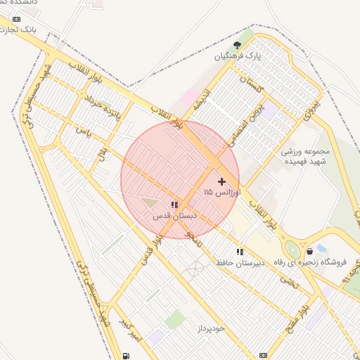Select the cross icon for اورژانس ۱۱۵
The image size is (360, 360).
(222, 181)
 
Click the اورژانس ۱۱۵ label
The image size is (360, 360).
(222, 192)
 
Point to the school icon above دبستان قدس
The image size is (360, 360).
(174, 205)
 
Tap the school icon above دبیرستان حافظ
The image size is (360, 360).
(240, 251)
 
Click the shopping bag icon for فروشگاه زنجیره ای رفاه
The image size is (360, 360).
(310, 251)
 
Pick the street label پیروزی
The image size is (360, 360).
(310, 105)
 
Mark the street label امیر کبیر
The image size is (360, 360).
(130, 331)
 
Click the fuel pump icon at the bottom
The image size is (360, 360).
(127, 355)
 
